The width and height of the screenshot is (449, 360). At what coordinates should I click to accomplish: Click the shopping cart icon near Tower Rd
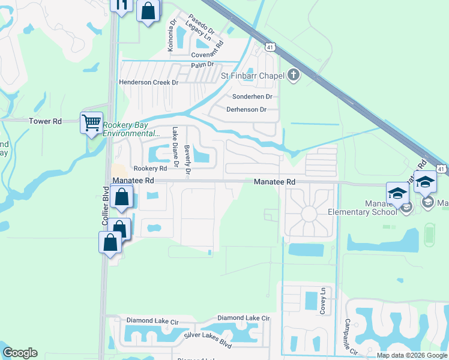point(91,123)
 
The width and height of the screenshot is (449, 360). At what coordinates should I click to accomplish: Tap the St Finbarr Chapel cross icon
point(293,75)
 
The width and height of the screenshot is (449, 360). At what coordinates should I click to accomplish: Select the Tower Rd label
point(46,121)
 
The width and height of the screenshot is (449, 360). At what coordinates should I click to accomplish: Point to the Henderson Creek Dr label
point(149,82)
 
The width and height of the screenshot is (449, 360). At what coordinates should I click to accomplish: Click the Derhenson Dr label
point(246,109)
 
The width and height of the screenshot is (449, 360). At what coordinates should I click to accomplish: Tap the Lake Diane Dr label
point(175,146)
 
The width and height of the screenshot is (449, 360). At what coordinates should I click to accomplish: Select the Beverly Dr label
point(188,161)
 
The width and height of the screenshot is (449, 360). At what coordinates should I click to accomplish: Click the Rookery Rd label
point(149,169)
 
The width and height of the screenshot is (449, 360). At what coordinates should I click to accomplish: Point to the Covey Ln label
point(323,300)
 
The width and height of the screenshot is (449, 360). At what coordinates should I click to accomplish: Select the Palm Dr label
point(202,65)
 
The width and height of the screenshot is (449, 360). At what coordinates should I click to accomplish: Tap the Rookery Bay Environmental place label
point(131,129)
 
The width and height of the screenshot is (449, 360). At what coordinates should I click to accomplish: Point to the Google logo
point(20,353)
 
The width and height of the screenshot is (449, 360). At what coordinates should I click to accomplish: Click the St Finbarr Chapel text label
point(253,76)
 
